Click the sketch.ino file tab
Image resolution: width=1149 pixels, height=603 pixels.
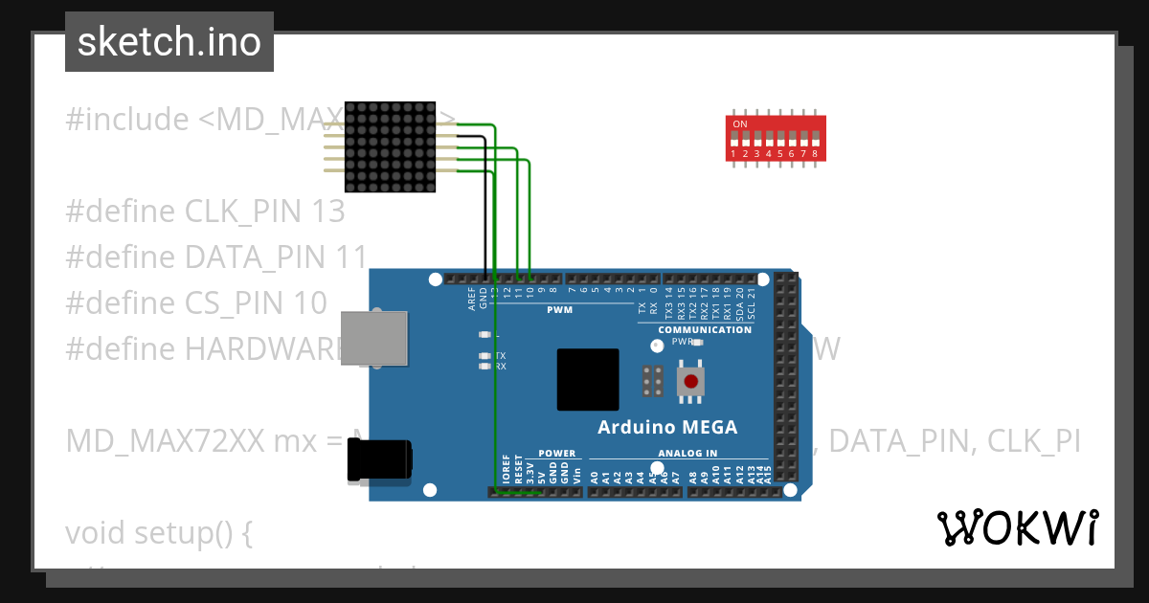[x=169, y=42]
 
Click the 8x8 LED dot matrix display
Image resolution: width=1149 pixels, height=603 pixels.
[x=390, y=146]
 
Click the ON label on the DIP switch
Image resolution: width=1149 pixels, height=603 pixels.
[x=739, y=124]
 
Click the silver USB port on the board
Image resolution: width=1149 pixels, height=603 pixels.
[x=375, y=338]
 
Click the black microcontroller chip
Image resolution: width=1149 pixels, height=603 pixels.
[x=588, y=380]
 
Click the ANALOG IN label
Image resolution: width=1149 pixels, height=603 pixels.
[x=687, y=454]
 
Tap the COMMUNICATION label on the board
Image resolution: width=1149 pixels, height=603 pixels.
[x=705, y=329]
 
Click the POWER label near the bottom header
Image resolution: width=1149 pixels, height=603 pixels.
[x=556, y=454]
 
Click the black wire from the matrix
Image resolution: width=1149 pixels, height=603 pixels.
[x=484, y=211]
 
